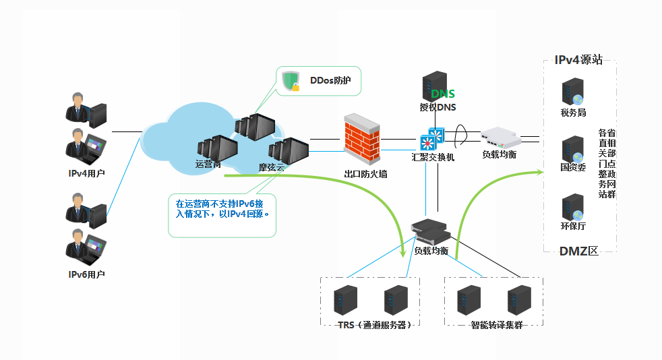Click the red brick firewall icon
click(x=363, y=140)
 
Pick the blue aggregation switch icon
click(x=431, y=138)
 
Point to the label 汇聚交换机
click(x=433, y=156)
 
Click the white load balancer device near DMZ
click(x=500, y=138)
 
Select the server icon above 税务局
click(x=573, y=92)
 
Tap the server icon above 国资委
click(x=573, y=149)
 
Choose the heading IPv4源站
click(x=578, y=60)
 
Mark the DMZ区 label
click(x=578, y=251)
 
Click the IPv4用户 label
click(x=87, y=173)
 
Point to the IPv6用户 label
click(x=87, y=274)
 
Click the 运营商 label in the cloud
click(x=208, y=164)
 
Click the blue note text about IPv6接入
click(x=222, y=208)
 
